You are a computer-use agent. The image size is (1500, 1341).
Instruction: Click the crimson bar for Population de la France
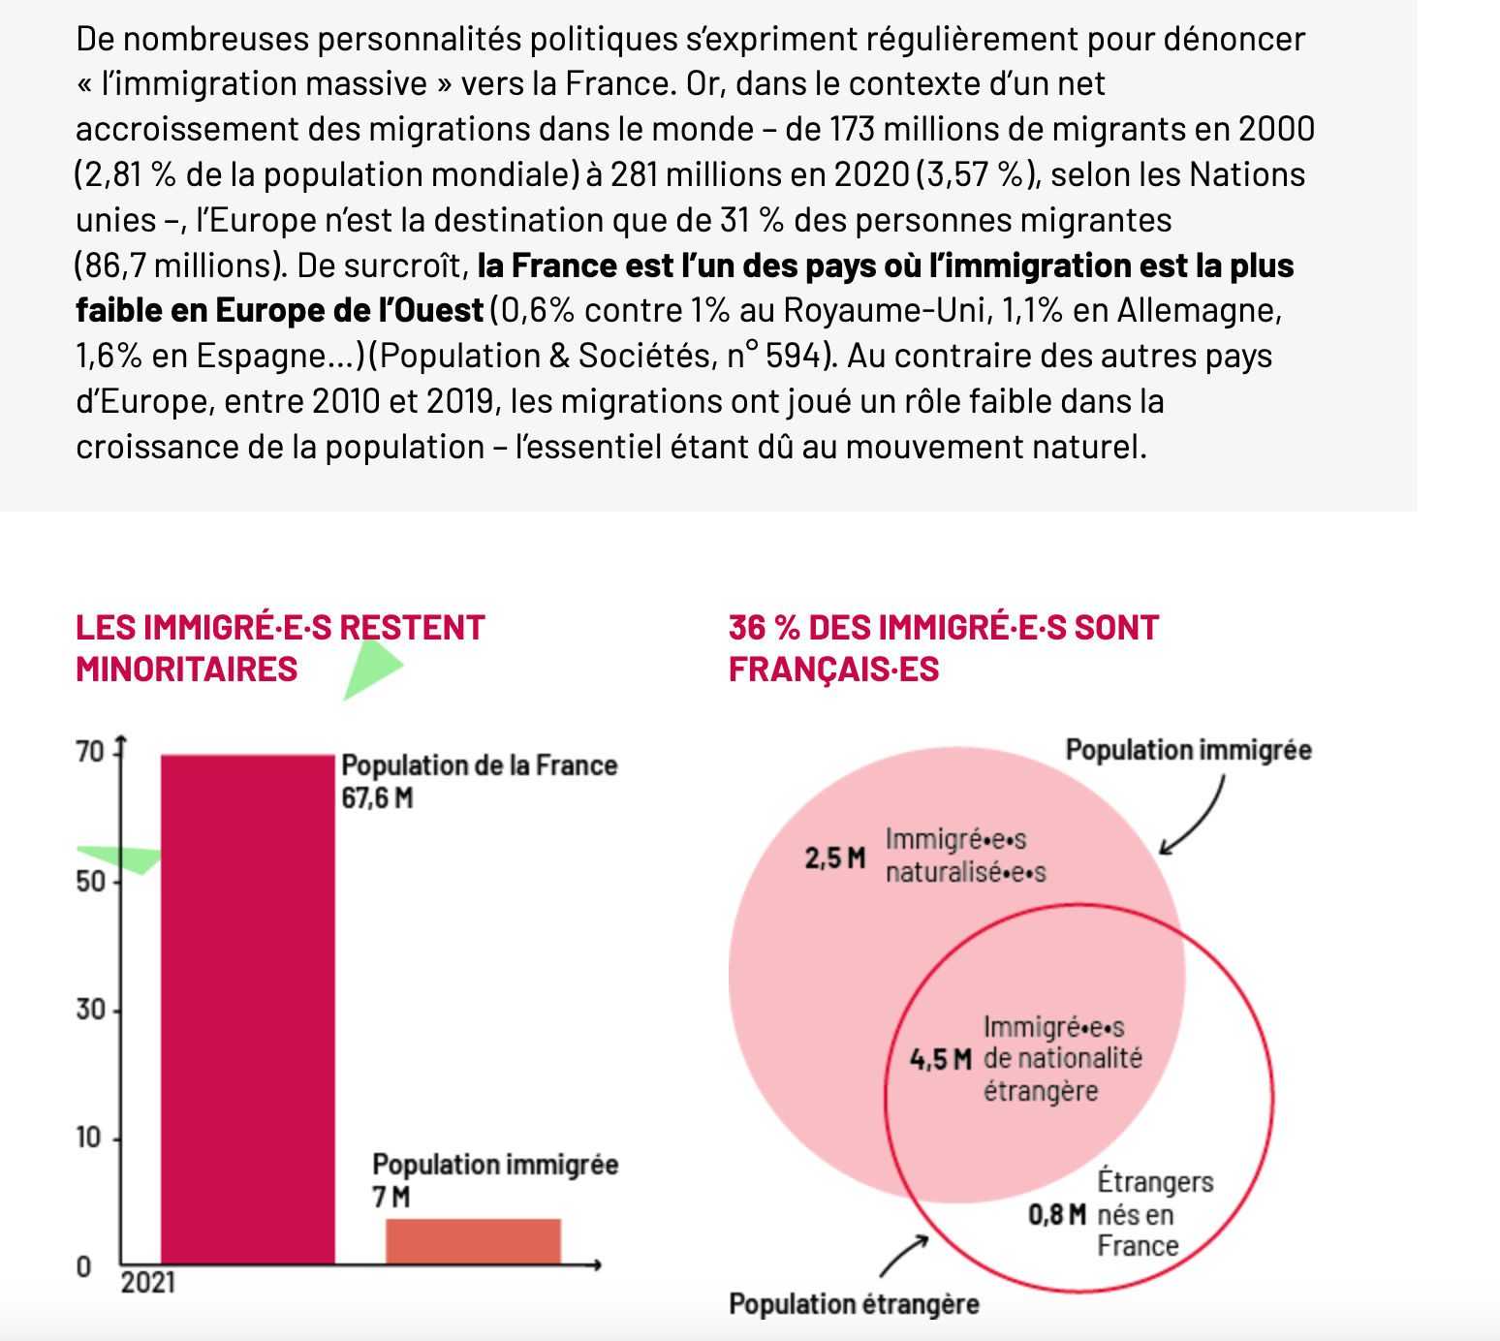click(x=247, y=1008)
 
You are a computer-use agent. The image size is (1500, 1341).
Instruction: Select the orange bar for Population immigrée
click(x=473, y=1241)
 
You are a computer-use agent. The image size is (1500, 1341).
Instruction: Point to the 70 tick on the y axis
click(x=89, y=752)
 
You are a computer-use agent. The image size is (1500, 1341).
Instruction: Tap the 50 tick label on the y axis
click(x=89, y=881)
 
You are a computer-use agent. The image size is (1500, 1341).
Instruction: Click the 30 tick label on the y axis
click(x=89, y=1010)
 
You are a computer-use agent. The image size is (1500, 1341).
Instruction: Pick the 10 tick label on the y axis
click(x=89, y=1138)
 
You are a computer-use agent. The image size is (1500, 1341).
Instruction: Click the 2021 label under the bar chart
click(x=148, y=1283)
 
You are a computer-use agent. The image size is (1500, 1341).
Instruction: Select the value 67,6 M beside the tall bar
click(x=377, y=798)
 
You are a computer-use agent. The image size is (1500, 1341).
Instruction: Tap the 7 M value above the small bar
click(x=391, y=1198)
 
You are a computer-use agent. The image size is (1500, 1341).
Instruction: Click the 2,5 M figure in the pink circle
click(x=835, y=858)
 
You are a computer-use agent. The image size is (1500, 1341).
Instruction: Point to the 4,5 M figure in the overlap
click(x=940, y=1059)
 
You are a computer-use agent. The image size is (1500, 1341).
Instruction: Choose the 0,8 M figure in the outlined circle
click(x=1057, y=1214)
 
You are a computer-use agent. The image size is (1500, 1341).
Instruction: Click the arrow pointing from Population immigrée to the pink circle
click(x=1194, y=819)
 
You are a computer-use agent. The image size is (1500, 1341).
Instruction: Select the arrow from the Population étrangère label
click(x=903, y=1256)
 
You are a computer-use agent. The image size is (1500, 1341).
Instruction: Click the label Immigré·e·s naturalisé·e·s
click(x=965, y=856)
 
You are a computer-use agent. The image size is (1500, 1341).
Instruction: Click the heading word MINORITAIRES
click(x=186, y=670)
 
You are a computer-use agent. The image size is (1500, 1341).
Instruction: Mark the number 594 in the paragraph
click(x=792, y=357)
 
